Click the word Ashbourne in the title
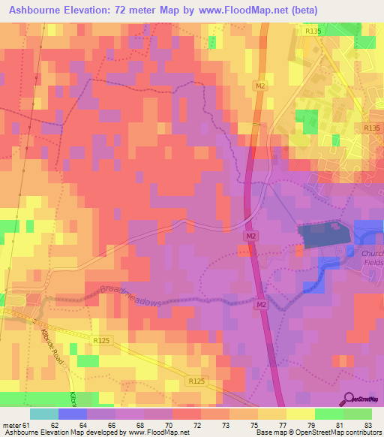(39, 11)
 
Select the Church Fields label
(372, 258)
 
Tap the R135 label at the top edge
(313, 32)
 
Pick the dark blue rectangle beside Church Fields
(323, 236)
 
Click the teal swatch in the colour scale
(44, 414)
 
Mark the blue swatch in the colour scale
(73, 414)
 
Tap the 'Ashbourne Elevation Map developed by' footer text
(55, 432)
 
